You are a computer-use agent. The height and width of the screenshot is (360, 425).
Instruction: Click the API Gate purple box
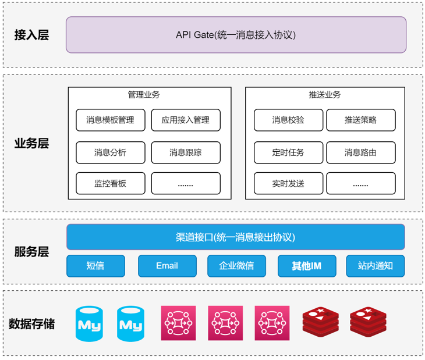pos(236,35)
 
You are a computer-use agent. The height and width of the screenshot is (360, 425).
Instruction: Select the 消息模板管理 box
pos(110,120)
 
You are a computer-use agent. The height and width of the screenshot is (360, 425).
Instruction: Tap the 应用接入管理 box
pos(186,120)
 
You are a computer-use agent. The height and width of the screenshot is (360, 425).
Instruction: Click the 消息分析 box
pos(110,152)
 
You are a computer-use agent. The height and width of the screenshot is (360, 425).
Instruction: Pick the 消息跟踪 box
pos(186,152)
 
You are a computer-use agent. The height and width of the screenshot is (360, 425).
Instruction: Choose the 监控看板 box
pos(110,184)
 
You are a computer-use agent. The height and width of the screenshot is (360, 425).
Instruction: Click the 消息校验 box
pos(288,120)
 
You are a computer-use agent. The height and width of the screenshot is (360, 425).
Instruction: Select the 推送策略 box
pos(360,120)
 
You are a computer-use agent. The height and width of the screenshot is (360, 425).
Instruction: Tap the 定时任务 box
pos(288,152)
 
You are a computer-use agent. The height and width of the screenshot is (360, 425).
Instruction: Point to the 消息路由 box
pos(360,152)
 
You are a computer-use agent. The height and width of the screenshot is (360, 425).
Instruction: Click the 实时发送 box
pos(288,184)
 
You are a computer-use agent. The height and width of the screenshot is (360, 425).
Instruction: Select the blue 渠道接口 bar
pos(236,237)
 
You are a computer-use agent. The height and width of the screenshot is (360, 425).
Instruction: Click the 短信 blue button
pos(95,266)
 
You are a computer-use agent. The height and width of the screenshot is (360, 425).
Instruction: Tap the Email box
pos(167,266)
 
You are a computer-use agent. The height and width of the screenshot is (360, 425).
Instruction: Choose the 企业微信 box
pos(236,266)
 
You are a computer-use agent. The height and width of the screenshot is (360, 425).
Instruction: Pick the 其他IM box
pos(306,266)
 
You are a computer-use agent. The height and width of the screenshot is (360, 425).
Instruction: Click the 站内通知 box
pos(376,266)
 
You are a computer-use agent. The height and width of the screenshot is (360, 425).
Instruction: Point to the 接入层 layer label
pos(31,35)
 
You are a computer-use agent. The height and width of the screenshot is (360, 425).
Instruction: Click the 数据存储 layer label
pos(31,324)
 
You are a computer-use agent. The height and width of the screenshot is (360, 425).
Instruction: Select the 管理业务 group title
pos(144,95)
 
